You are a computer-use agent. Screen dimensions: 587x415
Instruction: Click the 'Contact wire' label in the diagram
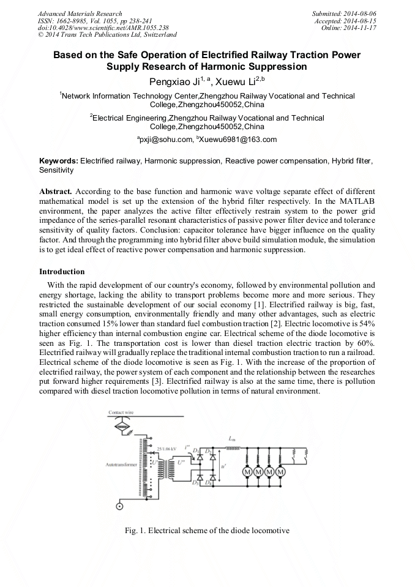(x=121, y=413)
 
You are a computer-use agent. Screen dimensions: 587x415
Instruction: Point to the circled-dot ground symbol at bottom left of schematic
(x=118, y=506)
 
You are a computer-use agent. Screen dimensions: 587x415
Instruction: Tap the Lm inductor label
(x=231, y=438)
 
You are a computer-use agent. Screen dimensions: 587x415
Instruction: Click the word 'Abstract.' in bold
(x=56, y=191)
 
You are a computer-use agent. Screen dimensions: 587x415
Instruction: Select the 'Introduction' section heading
(x=62, y=271)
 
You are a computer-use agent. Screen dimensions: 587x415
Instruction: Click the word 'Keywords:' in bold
(x=59, y=161)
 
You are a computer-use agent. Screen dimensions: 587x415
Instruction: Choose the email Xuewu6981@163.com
(x=237, y=140)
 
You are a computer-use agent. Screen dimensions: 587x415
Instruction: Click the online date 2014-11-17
(x=360, y=27)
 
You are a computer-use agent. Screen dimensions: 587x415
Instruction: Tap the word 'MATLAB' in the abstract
(x=357, y=201)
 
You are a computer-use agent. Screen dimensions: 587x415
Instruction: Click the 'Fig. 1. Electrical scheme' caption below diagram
(x=206, y=529)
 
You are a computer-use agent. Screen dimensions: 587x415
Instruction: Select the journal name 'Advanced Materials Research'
(x=80, y=13)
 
